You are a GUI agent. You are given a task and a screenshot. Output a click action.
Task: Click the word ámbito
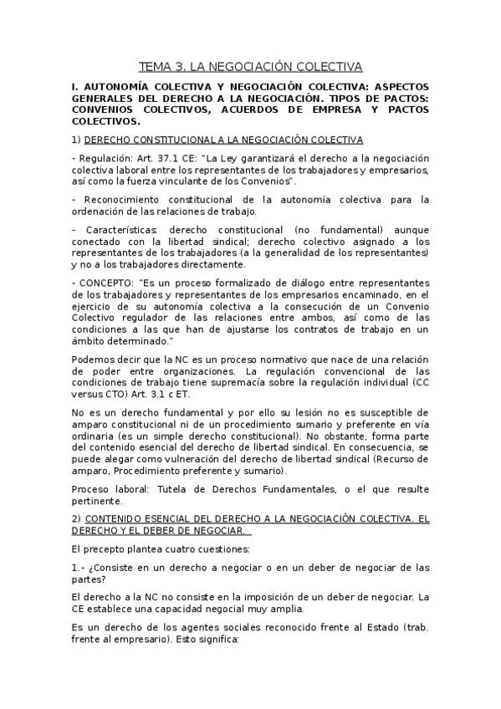pos(91,341)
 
